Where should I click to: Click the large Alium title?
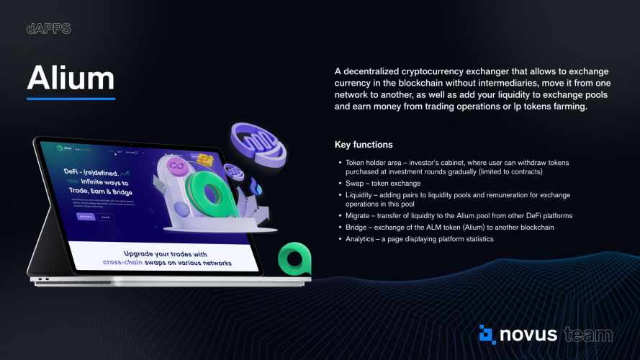[71, 78]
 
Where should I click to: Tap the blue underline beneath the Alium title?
[71, 98]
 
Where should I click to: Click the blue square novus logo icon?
[487, 334]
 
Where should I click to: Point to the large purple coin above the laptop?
[261, 143]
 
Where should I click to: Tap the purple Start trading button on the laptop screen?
[85, 215]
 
